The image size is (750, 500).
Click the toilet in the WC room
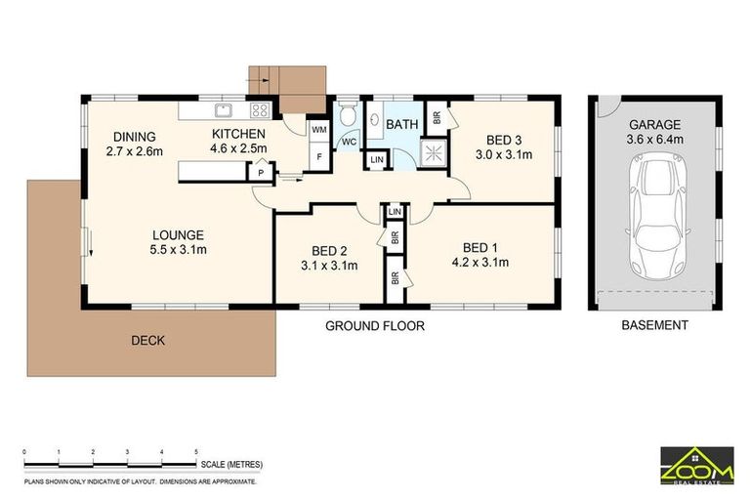tap(348, 112)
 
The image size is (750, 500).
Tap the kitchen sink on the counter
tap(224, 110)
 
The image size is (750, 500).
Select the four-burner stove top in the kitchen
tap(260, 110)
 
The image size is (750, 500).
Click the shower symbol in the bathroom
tap(434, 153)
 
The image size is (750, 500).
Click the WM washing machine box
tap(319, 130)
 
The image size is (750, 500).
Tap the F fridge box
tap(319, 156)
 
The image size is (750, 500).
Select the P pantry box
tap(261, 172)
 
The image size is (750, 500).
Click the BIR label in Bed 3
tap(437, 118)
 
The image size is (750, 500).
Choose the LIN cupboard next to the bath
tap(377, 159)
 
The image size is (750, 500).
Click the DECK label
tap(147, 341)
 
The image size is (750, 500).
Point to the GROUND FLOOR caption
tap(375, 326)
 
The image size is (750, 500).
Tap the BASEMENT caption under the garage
tap(654, 325)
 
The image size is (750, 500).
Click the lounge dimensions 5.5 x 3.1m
tap(178, 250)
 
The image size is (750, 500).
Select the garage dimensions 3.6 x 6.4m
tap(654, 140)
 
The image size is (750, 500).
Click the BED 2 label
tap(329, 251)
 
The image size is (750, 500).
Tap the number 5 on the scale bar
tap(196, 452)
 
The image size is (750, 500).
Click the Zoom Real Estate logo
tap(697, 466)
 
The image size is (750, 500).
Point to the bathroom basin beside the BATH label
tap(375, 119)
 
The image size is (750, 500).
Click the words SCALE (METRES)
tap(231, 465)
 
